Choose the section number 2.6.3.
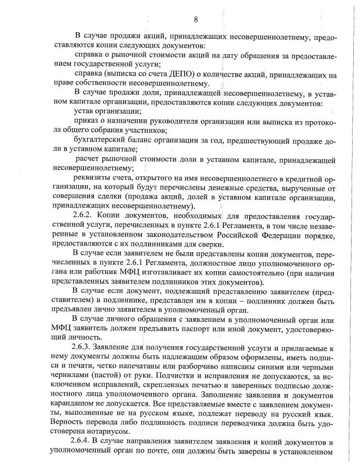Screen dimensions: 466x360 [x=83, y=348]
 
